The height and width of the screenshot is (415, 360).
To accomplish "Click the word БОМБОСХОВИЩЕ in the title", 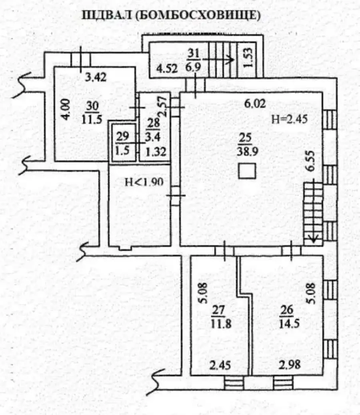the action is pos(198,15).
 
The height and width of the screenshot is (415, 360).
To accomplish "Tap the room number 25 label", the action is pos(245,138).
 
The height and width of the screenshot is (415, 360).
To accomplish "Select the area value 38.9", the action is pos(248,152).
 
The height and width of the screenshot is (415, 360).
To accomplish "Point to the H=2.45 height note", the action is pos(290,119).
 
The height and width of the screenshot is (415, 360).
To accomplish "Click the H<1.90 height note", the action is pos(144,182).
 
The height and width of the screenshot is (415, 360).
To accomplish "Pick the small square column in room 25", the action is pos(247,171).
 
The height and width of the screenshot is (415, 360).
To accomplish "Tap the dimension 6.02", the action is pos(255,104).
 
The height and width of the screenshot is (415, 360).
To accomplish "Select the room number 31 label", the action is pos(194,54).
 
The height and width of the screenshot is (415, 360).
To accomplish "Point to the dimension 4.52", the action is pos(167,69).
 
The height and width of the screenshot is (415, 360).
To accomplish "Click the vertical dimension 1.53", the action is pos(249,58).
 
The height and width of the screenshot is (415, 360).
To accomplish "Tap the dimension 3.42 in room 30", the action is pos(96,77).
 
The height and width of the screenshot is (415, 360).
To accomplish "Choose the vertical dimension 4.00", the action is pos(66,109).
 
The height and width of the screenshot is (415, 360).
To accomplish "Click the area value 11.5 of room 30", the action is pos(92,120).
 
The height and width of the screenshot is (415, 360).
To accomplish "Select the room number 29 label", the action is pos(122,137).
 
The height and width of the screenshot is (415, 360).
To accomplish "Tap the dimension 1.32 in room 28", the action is pos(156,152).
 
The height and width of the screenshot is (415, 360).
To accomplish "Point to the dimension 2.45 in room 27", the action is pos(220,365).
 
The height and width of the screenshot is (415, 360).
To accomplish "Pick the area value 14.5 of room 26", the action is pos(289,323).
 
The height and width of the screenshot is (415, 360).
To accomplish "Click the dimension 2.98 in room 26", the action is pos(290,365).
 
